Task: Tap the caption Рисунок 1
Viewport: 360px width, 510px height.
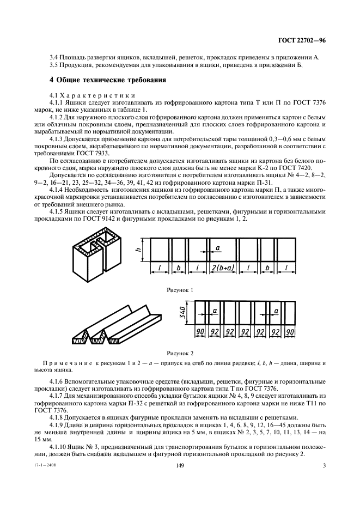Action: [180, 290]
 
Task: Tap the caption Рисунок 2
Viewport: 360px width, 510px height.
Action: [180, 353]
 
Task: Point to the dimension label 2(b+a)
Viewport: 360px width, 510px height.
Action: [223, 268]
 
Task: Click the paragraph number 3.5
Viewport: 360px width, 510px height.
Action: [53, 65]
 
